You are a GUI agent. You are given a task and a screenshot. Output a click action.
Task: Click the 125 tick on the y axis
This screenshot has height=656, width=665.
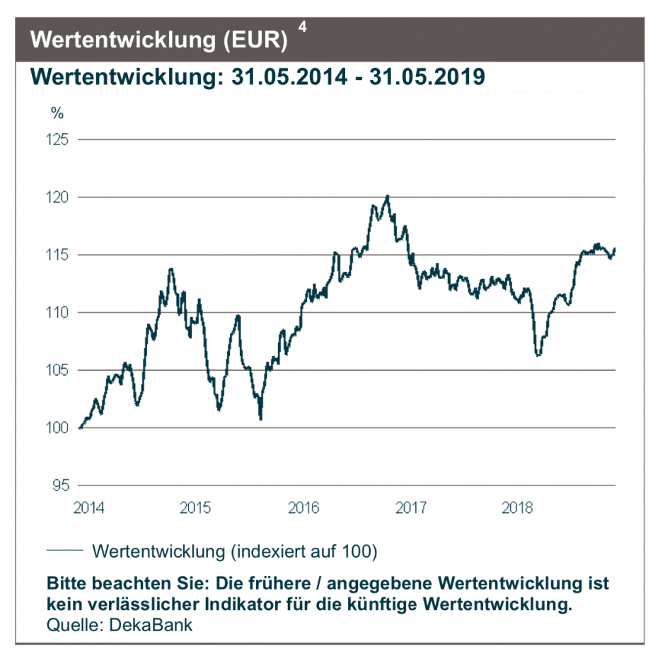[x=58, y=139]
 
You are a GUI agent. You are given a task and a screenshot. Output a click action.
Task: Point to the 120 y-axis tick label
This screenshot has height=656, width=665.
[x=58, y=197]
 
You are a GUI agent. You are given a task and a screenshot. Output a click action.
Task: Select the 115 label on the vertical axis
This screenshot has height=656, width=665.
[x=58, y=255]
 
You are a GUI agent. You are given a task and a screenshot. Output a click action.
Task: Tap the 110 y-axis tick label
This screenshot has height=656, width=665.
[x=58, y=312]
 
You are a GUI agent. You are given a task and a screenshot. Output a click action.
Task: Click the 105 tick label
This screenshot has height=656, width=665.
[x=58, y=370]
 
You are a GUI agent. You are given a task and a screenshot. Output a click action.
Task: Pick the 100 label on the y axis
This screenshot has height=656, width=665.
[x=58, y=427]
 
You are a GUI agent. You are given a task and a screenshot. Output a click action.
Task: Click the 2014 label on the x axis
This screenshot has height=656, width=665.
[x=88, y=507]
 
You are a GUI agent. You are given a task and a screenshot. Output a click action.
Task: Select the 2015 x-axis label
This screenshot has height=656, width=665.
[x=196, y=507]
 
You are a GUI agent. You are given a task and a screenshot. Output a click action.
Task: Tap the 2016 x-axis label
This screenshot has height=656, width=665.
[x=303, y=507]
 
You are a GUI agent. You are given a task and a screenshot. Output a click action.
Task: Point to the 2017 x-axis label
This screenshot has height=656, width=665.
[x=411, y=507]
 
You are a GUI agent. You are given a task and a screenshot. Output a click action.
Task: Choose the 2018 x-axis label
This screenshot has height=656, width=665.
[x=518, y=507]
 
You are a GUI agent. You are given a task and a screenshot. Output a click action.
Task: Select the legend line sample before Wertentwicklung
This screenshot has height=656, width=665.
[x=65, y=550]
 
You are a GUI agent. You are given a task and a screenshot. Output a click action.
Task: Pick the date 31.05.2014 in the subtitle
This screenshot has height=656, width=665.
[x=289, y=76]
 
